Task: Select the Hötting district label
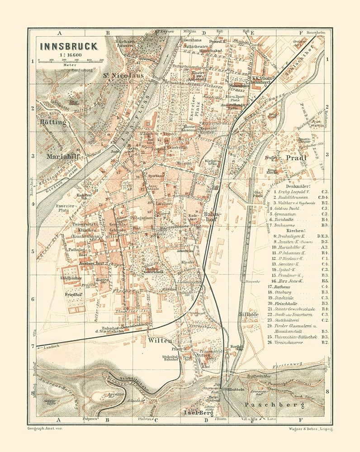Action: [52, 122]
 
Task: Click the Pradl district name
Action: [296, 158]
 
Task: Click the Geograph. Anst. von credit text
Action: [44, 427]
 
